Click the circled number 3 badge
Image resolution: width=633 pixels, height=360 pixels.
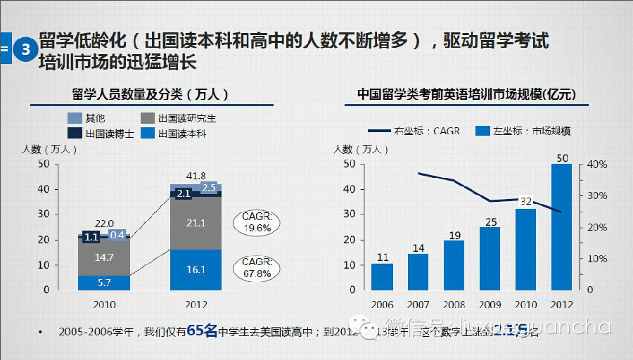click(25, 50)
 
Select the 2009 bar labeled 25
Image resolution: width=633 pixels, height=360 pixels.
click(490, 258)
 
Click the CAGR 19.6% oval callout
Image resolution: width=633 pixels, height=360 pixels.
click(257, 222)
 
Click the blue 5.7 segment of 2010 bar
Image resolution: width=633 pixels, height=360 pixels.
click(104, 282)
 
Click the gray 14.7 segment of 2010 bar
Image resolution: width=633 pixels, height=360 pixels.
click(104, 257)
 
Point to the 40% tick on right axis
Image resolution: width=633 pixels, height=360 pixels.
click(597, 165)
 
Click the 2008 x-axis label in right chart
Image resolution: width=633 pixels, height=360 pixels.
click(454, 305)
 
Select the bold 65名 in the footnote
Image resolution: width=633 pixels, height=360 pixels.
click(202, 330)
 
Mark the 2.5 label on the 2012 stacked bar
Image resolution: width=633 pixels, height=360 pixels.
click(209, 188)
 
